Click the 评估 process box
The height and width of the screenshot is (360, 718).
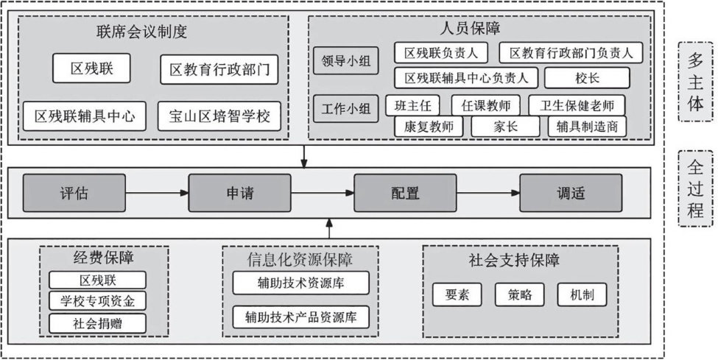coord(74,194)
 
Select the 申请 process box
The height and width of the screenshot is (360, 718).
coord(239,194)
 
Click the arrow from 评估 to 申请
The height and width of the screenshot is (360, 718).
coord(156,194)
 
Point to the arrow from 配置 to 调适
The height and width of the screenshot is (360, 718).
coord(488,194)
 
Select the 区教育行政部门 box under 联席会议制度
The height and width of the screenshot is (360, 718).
coord(219,71)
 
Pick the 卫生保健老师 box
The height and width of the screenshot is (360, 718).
coord(577,105)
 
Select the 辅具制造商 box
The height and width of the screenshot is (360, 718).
coord(587,127)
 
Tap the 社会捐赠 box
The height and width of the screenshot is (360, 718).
coord(97,322)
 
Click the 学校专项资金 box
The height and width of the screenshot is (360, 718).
coord(97,300)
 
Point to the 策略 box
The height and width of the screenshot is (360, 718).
coord(520,294)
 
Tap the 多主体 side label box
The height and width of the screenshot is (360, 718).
coord(694,82)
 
